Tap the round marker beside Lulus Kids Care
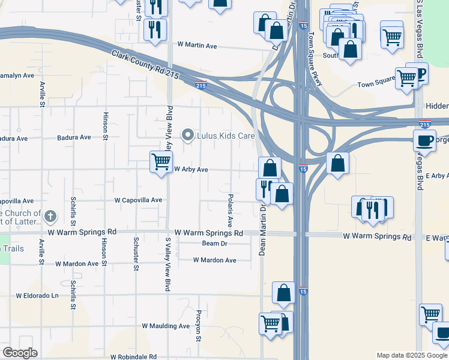[188, 136]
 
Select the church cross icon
[51, 216]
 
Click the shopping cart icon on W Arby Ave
[161, 161]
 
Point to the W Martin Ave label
[197, 46]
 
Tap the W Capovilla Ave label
[139, 200]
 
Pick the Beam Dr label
[215, 243]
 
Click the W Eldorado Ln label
[37, 296]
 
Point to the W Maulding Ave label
[166, 326]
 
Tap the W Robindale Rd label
[133, 356]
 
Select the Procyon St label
[198, 326]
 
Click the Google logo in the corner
[20, 353]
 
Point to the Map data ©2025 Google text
[411, 355]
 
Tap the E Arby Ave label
[438, 176]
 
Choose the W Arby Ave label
[191, 170]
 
